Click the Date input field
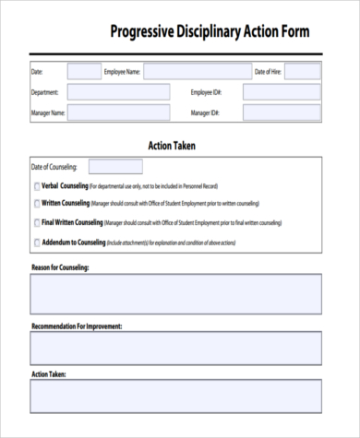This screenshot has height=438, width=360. (84, 71)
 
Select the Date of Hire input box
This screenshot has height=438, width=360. (302, 71)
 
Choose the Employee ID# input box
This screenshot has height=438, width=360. (282, 92)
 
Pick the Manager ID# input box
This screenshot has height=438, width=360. (282, 113)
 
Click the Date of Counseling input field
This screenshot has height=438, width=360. (115, 167)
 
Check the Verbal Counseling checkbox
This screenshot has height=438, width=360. (36, 186)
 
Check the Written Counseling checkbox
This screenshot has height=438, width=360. (36, 204)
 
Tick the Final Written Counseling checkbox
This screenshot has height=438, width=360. (36, 223)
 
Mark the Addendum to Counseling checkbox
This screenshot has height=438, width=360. (36, 243)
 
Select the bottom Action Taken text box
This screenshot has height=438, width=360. (176, 397)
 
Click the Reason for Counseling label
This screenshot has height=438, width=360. (59, 267)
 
